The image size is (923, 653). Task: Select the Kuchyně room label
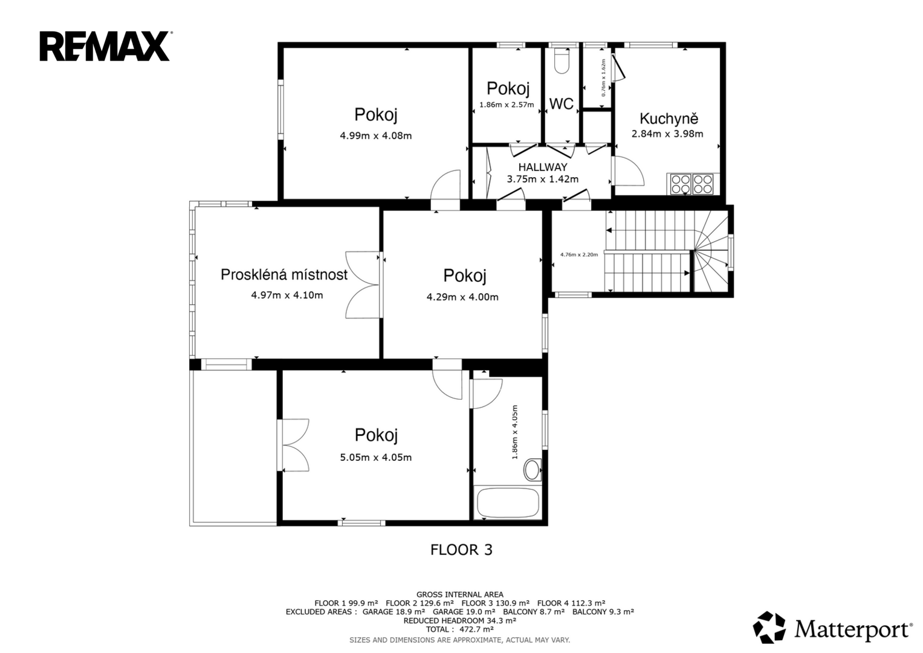click(669, 119)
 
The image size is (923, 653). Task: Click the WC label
click(561, 104)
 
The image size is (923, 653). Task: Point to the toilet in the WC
click(561, 61)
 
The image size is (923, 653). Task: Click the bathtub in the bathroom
click(508, 502)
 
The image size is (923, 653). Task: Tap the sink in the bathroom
click(533, 470)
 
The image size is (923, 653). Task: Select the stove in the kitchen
click(692, 184)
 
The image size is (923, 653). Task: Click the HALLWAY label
click(543, 167)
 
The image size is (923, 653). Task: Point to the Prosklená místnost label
click(284, 275)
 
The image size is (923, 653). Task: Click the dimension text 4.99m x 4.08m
click(376, 135)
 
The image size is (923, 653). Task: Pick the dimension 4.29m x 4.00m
click(462, 297)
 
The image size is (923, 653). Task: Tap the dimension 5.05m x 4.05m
click(376, 457)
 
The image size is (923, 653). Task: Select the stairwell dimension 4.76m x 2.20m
click(579, 255)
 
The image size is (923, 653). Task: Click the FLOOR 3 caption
click(462, 550)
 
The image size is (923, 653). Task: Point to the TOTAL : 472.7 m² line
click(460, 629)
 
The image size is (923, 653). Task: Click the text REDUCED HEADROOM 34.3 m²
click(460, 620)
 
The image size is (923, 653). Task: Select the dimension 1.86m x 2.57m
click(507, 105)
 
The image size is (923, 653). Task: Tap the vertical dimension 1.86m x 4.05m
click(514, 432)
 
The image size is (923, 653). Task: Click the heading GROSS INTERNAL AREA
click(460, 594)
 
